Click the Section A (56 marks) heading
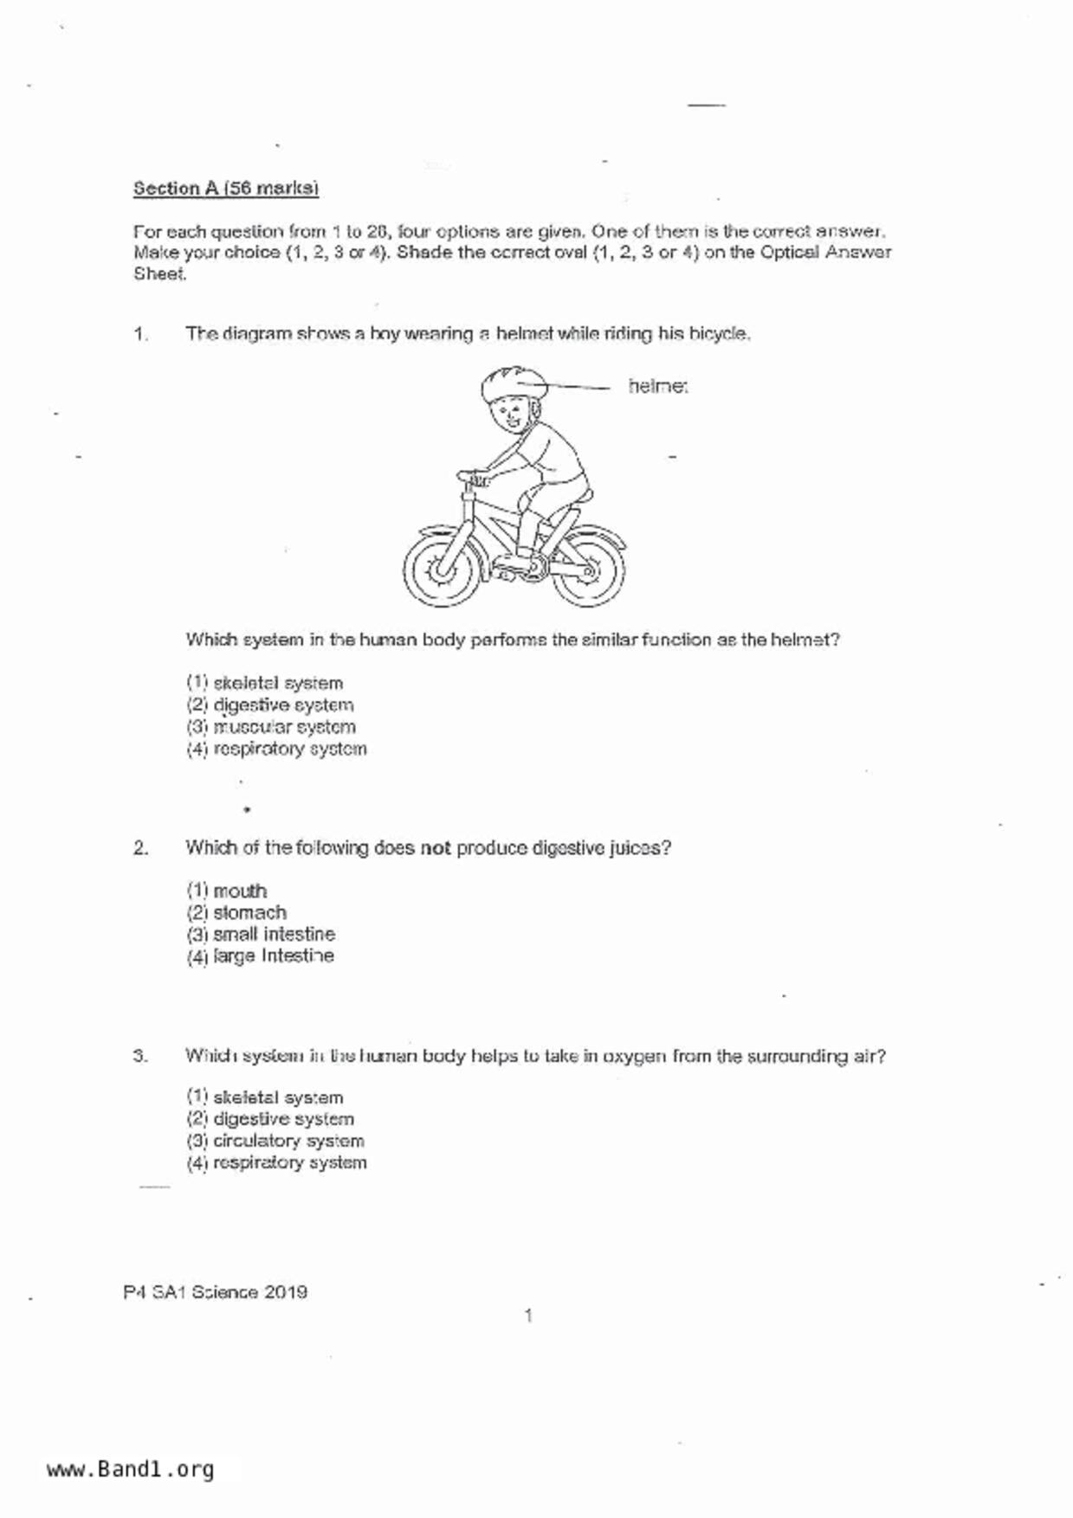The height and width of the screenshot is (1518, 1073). (x=226, y=189)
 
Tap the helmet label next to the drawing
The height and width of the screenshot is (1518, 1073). (x=658, y=386)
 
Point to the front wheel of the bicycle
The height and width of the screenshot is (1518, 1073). (x=440, y=569)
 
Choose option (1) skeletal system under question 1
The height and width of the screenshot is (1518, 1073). (x=265, y=683)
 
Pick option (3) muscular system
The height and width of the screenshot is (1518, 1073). (x=271, y=727)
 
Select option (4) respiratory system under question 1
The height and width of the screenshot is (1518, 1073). (x=277, y=749)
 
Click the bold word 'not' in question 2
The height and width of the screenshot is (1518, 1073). (x=436, y=848)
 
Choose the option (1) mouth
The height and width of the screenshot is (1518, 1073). (x=227, y=891)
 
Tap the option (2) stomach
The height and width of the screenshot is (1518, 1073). (x=236, y=912)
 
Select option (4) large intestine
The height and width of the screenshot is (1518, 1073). (x=261, y=955)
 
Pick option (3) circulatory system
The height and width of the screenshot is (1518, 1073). (x=275, y=1141)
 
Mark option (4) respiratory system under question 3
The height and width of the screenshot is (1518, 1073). (x=277, y=1162)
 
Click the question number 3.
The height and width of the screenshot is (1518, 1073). (x=140, y=1056)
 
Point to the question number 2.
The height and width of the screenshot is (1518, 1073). (x=140, y=848)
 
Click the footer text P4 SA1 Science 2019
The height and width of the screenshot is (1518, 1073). (x=216, y=1292)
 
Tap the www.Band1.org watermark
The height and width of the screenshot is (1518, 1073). (x=131, y=1470)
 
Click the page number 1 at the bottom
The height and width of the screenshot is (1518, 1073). (x=528, y=1316)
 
